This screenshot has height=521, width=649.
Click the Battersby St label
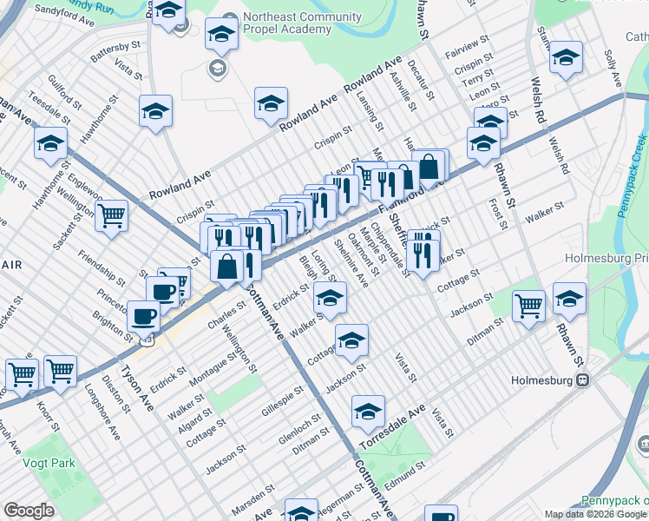pos(115,50)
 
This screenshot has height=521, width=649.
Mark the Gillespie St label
pos(281,399)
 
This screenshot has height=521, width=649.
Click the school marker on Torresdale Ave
pos(368,412)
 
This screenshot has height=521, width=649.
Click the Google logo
pos(29,511)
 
